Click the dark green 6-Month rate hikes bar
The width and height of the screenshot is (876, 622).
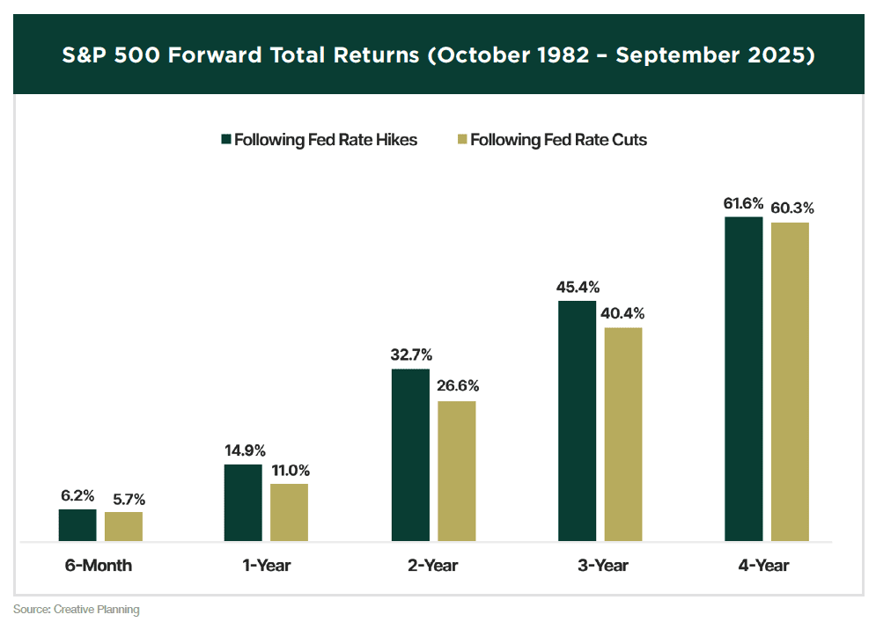[77, 524]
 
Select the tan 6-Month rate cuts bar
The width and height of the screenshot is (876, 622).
[123, 526]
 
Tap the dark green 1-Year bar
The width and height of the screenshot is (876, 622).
[243, 502]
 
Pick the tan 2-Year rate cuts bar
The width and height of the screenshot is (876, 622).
[457, 471]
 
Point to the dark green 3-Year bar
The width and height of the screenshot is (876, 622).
[577, 421]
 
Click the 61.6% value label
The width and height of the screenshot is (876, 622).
[744, 204]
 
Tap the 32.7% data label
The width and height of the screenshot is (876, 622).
[411, 356]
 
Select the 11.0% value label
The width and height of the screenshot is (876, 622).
[291, 471]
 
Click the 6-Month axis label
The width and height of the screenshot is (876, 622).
[99, 565]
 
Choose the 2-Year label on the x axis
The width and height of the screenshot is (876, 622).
[432, 565]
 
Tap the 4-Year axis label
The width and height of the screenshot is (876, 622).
[764, 565]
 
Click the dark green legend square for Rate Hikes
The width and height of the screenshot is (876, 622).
[226, 140]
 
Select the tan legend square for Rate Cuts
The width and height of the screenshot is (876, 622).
[462, 140]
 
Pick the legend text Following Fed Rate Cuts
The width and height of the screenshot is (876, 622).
[559, 140]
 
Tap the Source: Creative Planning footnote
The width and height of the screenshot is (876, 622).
[76, 609]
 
